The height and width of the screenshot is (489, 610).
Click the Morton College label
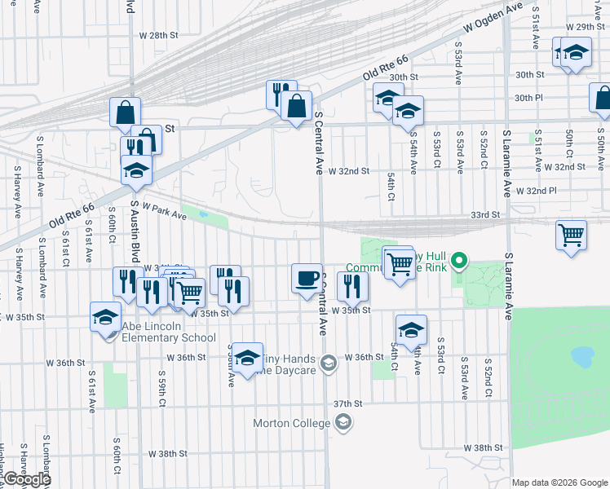point(291,423)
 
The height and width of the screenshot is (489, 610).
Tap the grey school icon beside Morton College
point(343,422)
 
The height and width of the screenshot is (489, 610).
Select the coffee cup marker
point(307,279)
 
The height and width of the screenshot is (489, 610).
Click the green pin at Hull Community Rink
point(459,262)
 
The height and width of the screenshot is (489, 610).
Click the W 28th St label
point(158,36)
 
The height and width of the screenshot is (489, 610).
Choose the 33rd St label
point(484,214)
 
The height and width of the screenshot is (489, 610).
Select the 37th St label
point(347,403)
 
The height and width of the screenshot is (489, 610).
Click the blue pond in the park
point(581,356)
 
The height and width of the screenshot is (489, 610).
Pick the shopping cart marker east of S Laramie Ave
point(571,235)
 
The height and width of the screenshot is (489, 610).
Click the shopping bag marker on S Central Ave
point(297,106)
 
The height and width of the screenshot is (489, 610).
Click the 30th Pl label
point(528,98)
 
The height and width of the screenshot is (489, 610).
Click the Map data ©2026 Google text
point(559,482)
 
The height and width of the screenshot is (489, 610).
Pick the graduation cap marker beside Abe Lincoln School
point(106,316)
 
